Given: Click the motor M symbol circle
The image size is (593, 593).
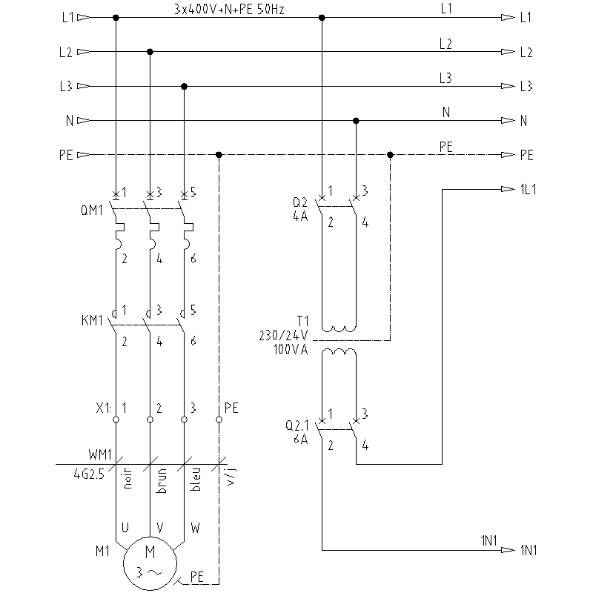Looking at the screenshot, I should click(x=150, y=561).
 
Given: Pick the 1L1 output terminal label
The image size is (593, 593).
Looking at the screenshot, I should click(x=529, y=189).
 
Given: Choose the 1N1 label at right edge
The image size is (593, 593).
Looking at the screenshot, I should click(x=529, y=550).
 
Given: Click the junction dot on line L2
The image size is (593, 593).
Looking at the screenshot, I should click(x=150, y=52).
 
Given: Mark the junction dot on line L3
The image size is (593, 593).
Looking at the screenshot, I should click(x=185, y=86).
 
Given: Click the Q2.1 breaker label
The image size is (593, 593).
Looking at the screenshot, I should click(x=297, y=426).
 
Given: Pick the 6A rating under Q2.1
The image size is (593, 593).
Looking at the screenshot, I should click(x=300, y=438).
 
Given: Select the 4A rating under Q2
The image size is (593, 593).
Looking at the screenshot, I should click(x=301, y=217).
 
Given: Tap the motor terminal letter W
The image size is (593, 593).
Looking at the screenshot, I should click(x=195, y=529).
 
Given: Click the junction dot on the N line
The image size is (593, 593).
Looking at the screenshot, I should click(x=356, y=120).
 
